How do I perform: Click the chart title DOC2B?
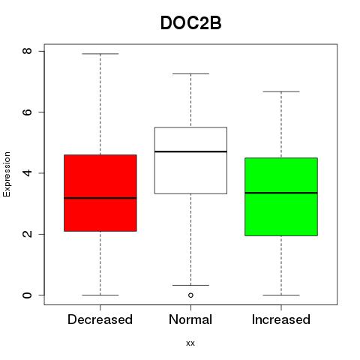(190, 23)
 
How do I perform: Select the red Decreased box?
(100, 193)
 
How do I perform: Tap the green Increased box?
(281, 196)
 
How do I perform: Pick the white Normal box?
(190, 160)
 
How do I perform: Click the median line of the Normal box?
(190, 151)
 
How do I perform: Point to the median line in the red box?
(100, 198)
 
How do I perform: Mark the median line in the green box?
(281, 193)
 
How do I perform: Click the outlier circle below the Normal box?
(190, 295)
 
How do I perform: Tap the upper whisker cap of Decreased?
(100, 54)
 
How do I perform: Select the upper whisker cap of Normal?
(190, 73)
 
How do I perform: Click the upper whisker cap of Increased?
(281, 91)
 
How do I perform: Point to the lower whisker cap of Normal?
(190, 285)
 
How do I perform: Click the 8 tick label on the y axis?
(27, 51)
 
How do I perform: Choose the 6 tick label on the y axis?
(27, 112)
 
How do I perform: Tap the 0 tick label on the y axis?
(27, 295)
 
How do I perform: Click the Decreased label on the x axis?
(100, 319)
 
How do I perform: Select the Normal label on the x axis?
(190, 319)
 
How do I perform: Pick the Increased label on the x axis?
(281, 319)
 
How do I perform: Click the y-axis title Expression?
(7, 174)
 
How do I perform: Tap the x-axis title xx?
(190, 343)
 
